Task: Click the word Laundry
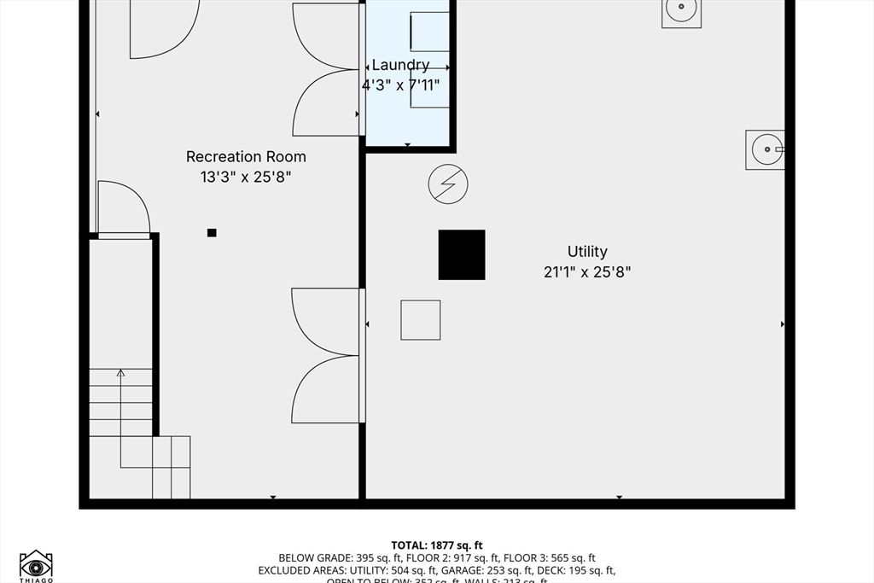coord(400,65)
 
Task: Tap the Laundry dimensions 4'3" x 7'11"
coord(401,85)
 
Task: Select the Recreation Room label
coord(246,156)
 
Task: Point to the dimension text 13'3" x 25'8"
coord(246,177)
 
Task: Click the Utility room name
coord(587,251)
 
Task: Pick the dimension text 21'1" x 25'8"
coord(587,272)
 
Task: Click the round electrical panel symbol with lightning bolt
coord(448,184)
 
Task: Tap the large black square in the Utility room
coord(462,254)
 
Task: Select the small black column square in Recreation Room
coord(212,232)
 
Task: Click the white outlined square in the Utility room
coord(421,320)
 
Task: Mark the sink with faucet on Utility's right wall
coord(765,149)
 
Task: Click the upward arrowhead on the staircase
coord(120,372)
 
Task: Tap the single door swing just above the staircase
coord(124,207)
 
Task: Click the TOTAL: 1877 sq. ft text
coord(437,545)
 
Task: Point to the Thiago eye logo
coord(36,565)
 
